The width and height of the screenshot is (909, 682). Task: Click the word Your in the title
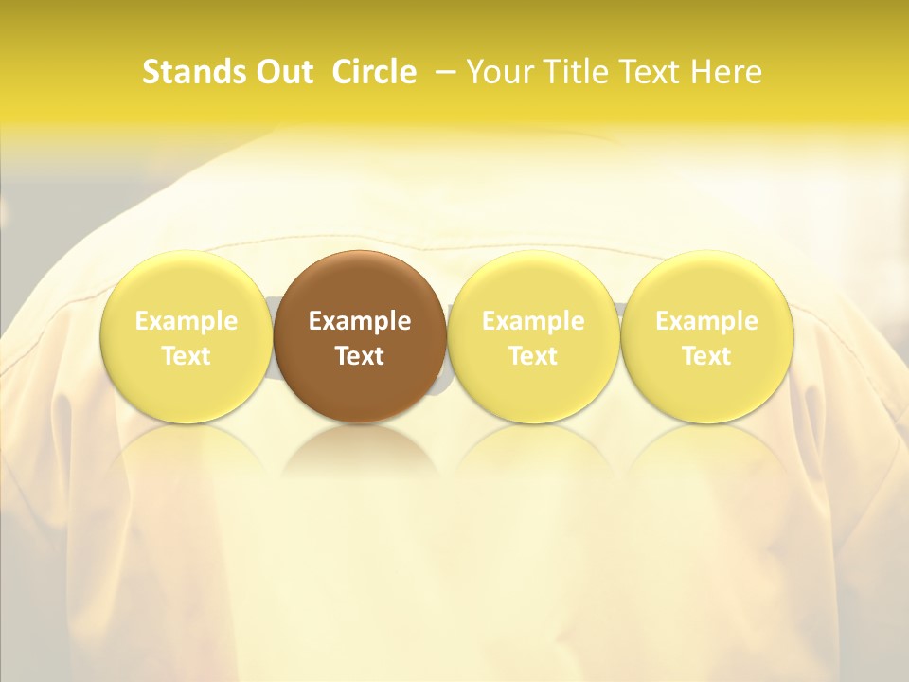(x=499, y=72)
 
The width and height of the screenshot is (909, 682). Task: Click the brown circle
(x=360, y=284)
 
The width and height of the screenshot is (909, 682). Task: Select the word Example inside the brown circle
(x=360, y=321)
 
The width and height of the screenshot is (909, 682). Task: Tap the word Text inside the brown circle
(x=360, y=356)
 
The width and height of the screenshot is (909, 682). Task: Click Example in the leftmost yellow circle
(x=187, y=321)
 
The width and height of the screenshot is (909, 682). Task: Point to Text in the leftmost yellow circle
(x=187, y=356)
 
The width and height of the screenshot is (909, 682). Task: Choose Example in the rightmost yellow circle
(x=706, y=321)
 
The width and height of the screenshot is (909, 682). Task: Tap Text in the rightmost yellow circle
(x=706, y=356)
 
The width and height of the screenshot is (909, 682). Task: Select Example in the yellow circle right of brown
(x=533, y=321)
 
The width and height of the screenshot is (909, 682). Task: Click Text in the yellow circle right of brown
(x=533, y=356)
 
